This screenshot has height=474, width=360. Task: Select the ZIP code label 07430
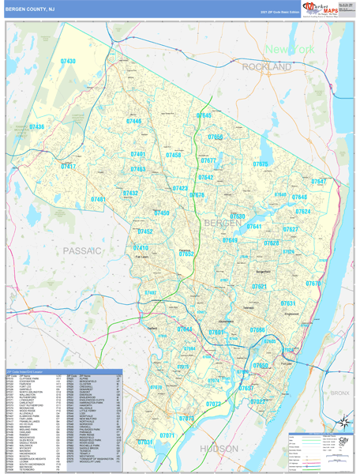coord(68,61)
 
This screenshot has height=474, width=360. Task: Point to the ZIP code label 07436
coord(37,126)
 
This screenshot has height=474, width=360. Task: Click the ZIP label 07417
coord(69,167)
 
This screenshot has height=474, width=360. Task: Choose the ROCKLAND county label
coord(266,68)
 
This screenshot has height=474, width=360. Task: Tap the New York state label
coord(289,50)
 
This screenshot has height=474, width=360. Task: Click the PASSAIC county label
coord(81,250)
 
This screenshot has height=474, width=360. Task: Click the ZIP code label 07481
coord(99,200)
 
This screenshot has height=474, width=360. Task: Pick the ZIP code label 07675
coord(261,164)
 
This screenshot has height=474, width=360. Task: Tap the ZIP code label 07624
coord(303,212)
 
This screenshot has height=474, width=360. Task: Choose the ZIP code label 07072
coord(186,419)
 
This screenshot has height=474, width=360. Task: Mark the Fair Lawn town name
coord(142,256)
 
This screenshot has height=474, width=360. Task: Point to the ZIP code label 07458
coord(174,156)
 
